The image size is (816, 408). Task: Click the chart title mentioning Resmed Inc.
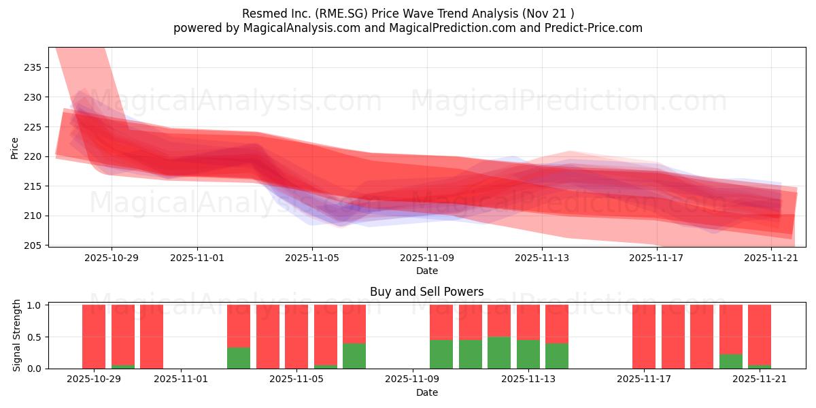pyautogui.click(x=407, y=14)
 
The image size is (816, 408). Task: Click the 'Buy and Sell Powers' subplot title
pyautogui.click(x=426, y=292)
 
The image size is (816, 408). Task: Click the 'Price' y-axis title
pyautogui.click(x=14, y=148)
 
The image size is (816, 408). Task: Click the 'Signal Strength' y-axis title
pyautogui.click(x=17, y=336)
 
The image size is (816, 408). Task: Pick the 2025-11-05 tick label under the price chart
pyautogui.click(x=312, y=258)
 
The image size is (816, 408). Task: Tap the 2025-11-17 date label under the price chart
pyautogui.click(x=657, y=258)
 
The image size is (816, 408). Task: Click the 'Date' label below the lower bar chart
pyautogui.click(x=426, y=392)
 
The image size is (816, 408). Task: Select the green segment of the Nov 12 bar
pyautogui.click(x=499, y=352)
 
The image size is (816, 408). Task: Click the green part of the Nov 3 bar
pyautogui.click(x=239, y=358)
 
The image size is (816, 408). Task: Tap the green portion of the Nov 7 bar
pyautogui.click(x=354, y=356)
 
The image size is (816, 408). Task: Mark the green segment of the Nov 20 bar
pyautogui.click(x=731, y=361)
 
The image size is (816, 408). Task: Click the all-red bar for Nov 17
pyautogui.click(x=644, y=337)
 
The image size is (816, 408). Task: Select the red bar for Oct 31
pyautogui.click(x=152, y=337)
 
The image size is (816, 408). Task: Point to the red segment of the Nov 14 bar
pyautogui.click(x=557, y=324)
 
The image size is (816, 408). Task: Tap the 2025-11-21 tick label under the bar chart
pyautogui.click(x=760, y=379)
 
